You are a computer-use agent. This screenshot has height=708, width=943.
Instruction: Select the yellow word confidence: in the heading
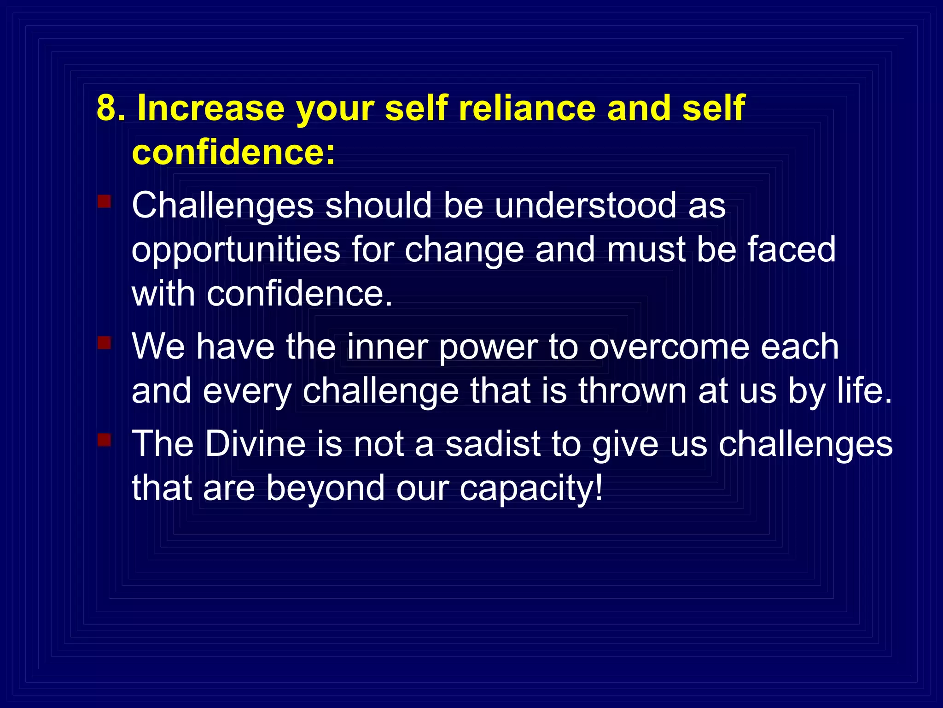pyautogui.click(x=233, y=152)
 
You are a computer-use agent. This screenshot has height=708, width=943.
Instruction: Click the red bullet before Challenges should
pyautogui.click(x=104, y=202)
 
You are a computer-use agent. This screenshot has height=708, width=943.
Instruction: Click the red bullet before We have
pyautogui.click(x=104, y=343)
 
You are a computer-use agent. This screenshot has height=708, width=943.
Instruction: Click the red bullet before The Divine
pyautogui.click(x=104, y=440)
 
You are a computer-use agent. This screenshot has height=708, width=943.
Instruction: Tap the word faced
pyautogui.click(x=791, y=249)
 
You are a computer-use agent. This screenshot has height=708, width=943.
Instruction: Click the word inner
pyautogui.click(x=387, y=347)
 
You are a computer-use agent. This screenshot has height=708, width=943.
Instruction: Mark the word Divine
pyautogui.click(x=255, y=443)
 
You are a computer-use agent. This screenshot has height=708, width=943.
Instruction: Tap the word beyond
pyautogui.click(x=325, y=490)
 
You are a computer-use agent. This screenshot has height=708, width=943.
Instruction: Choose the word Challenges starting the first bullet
pyautogui.click(x=223, y=206)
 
